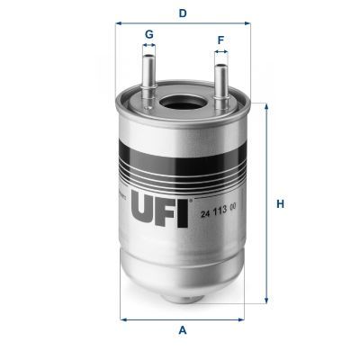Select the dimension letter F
point(220,40)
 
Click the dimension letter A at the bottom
point(183,330)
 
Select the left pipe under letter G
point(148,72)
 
